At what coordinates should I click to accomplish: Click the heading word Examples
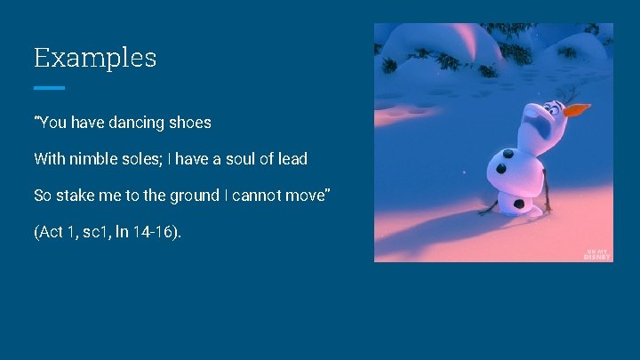coord(95,59)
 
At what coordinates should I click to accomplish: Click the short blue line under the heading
coord(50,88)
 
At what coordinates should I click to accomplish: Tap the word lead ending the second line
coord(292,159)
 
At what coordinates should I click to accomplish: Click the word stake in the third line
coord(73,196)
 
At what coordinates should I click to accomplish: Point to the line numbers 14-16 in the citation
coord(162,233)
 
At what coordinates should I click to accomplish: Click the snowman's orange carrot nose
coord(577,110)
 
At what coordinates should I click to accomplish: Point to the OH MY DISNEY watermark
coord(596,253)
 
